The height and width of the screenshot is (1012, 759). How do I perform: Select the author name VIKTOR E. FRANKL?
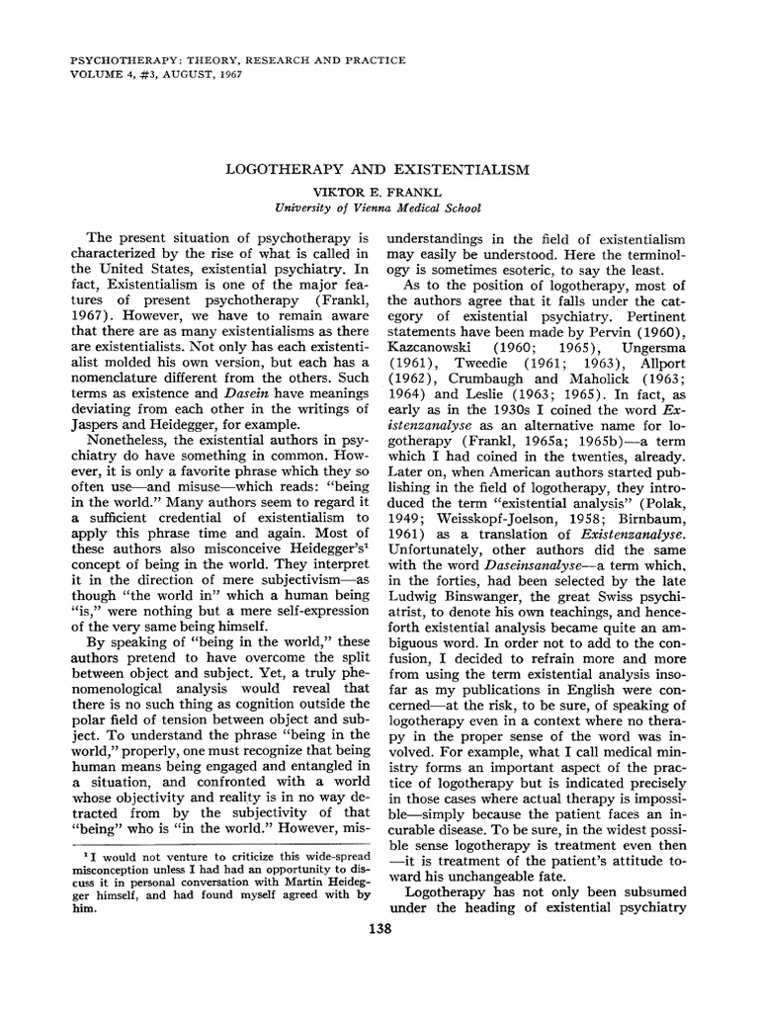point(379,191)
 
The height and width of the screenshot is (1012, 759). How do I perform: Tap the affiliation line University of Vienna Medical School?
point(379,208)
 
